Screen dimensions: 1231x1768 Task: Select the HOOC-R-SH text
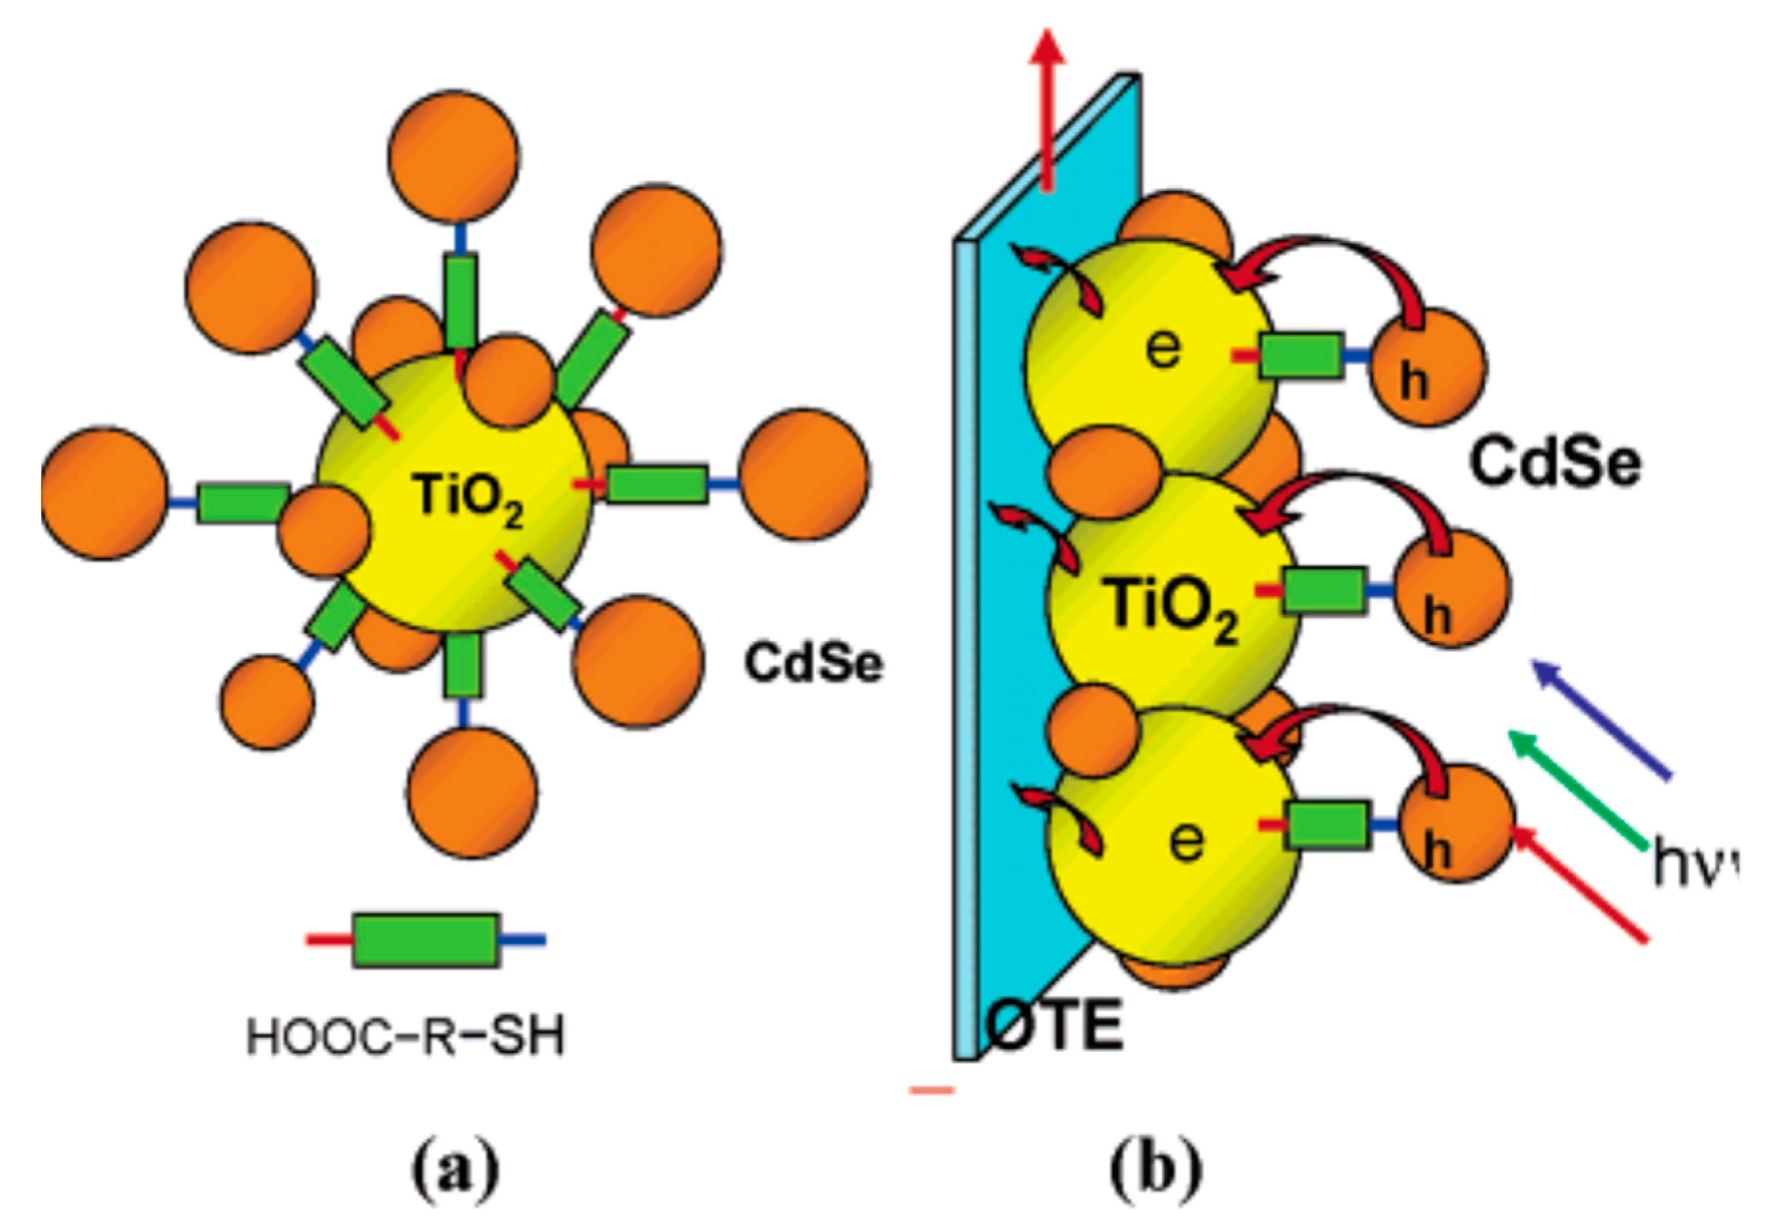tap(406, 1036)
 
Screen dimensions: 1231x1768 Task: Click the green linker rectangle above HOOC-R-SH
tap(425, 940)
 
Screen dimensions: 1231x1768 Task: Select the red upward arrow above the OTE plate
tap(1047, 108)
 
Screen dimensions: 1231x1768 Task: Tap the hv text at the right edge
tap(1694, 864)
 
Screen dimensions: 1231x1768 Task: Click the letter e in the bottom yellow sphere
tap(1186, 840)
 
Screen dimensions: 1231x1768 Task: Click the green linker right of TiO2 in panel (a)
tap(657, 484)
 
